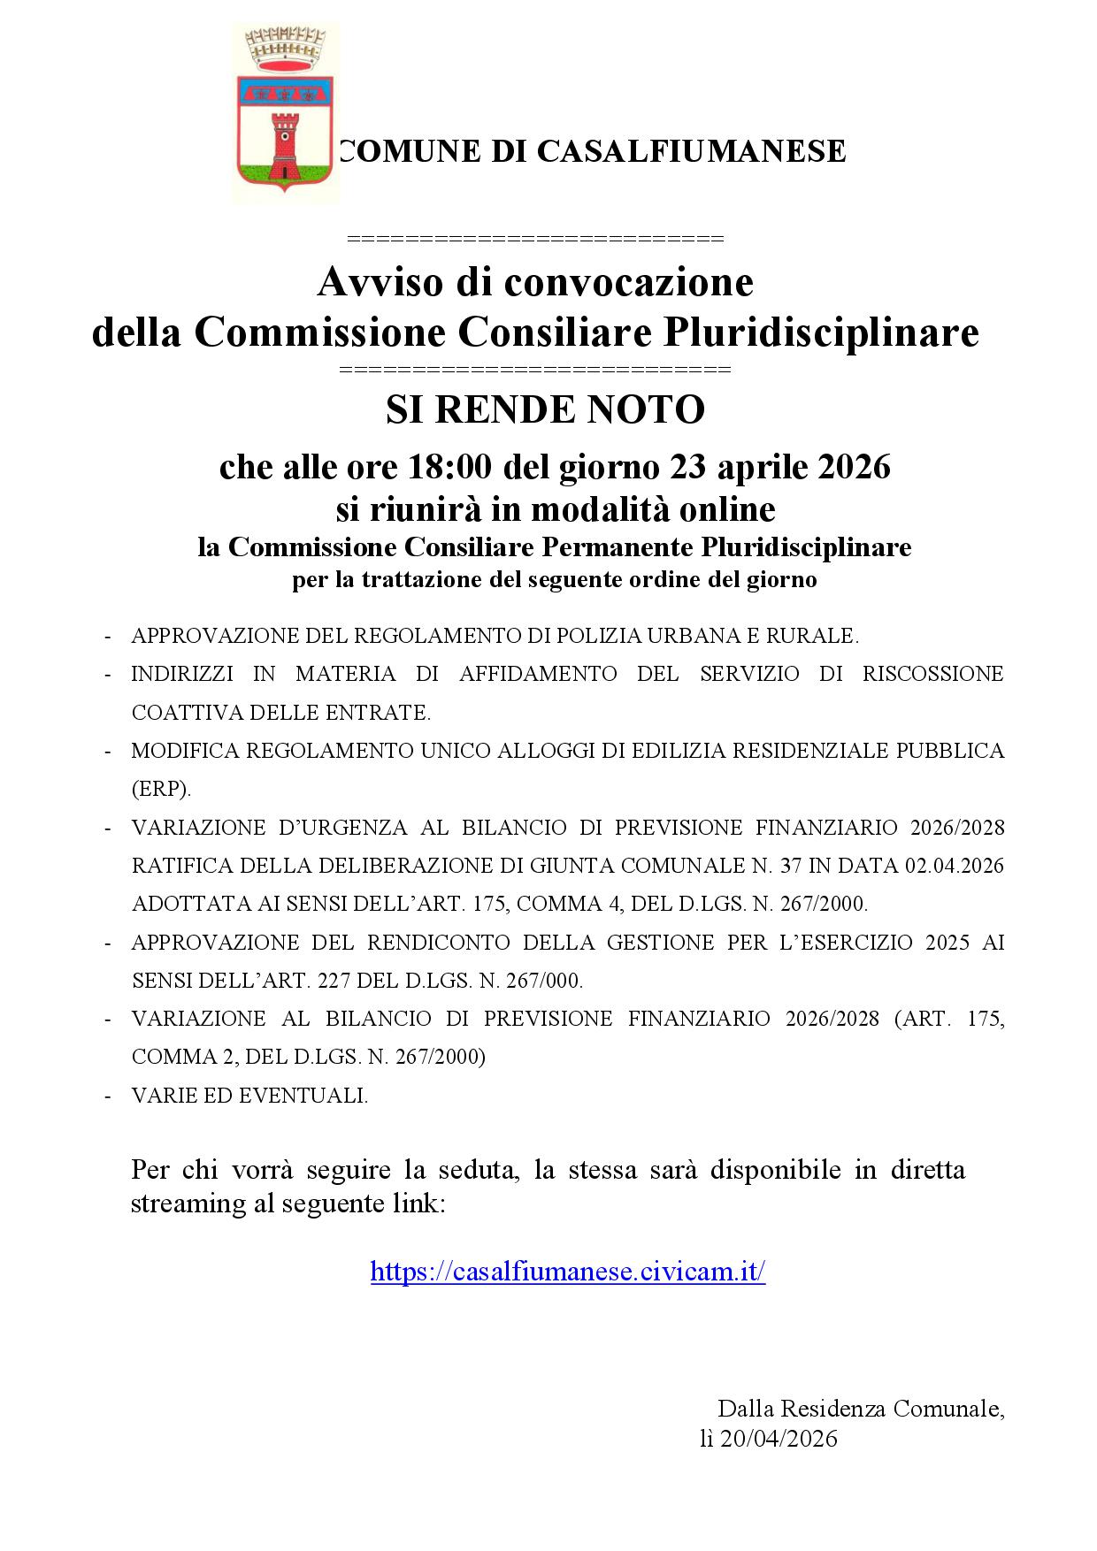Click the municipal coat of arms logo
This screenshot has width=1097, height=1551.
(285, 112)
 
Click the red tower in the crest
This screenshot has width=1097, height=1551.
(285, 145)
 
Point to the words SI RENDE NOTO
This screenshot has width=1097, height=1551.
(545, 409)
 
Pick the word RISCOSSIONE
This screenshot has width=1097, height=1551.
(933, 674)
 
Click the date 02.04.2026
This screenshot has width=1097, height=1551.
(955, 866)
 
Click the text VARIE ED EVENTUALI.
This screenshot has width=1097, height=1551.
(249, 1096)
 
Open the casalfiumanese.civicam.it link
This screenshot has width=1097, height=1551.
(567, 1272)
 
